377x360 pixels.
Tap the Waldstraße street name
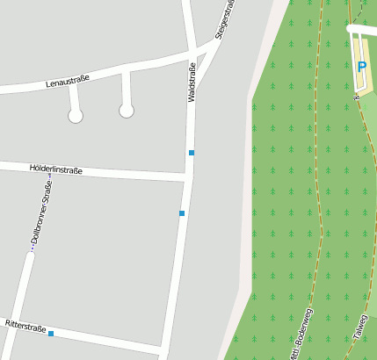(x=192, y=83)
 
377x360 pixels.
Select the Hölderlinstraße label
(x=55, y=168)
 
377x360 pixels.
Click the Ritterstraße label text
(x=25, y=326)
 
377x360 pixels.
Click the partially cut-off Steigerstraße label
(x=226, y=19)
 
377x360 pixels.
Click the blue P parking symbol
(x=361, y=67)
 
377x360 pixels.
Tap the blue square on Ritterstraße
(x=51, y=334)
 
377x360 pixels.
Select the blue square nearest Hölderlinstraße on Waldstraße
(x=191, y=153)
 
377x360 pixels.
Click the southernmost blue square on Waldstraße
(x=182, y=213)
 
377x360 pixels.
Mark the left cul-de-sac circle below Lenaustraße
(x=76, y=116)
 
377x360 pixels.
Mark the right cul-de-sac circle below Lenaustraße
(x=127, y=111)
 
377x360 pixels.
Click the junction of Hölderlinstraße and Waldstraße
(x=188, y=178)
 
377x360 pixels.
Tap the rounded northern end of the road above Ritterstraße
(x=30, y=256)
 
